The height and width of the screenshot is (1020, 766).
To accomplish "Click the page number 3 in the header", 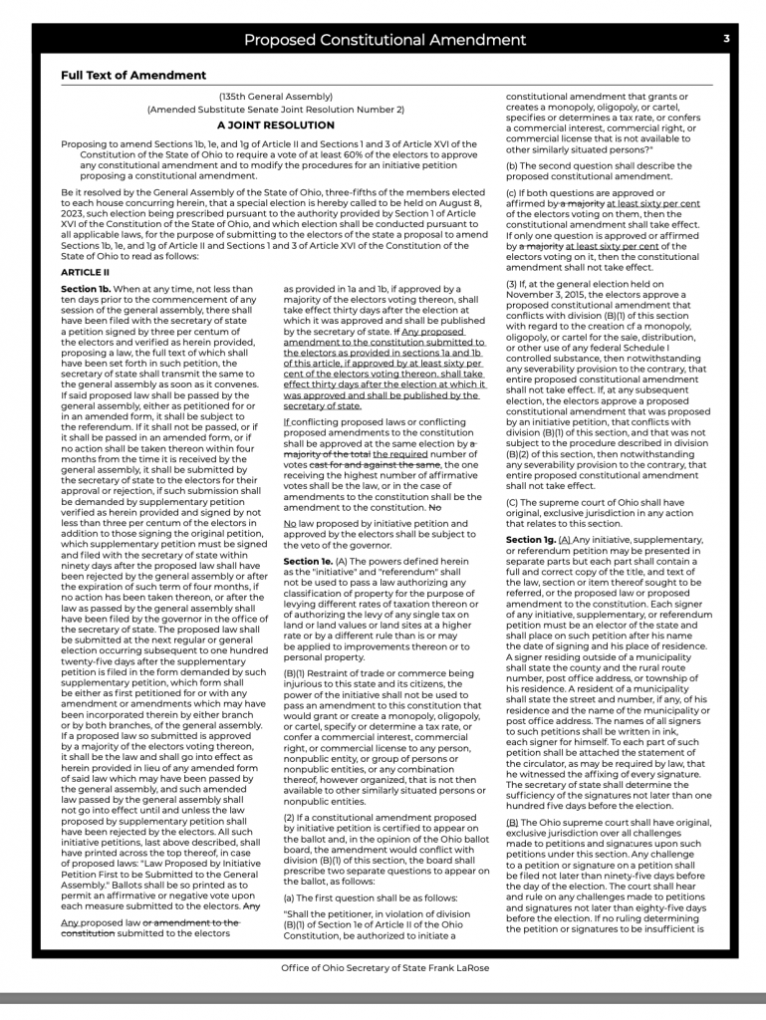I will coord(727,39).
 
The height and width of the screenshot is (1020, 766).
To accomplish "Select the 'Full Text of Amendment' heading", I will coord(132,75).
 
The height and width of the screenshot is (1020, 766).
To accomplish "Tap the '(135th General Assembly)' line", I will coord(275,97).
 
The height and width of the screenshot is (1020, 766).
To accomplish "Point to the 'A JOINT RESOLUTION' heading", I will coord(275,126).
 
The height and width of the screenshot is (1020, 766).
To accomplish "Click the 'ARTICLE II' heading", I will coord(85,272).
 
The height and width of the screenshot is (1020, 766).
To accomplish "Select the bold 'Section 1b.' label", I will coord(86,289).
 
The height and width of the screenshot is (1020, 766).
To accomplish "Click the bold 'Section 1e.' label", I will coord(308,562).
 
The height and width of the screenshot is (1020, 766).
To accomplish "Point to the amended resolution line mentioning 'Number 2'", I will coord(275,109).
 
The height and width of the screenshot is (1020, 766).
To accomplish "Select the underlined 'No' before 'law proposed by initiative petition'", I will coord(290,523).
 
